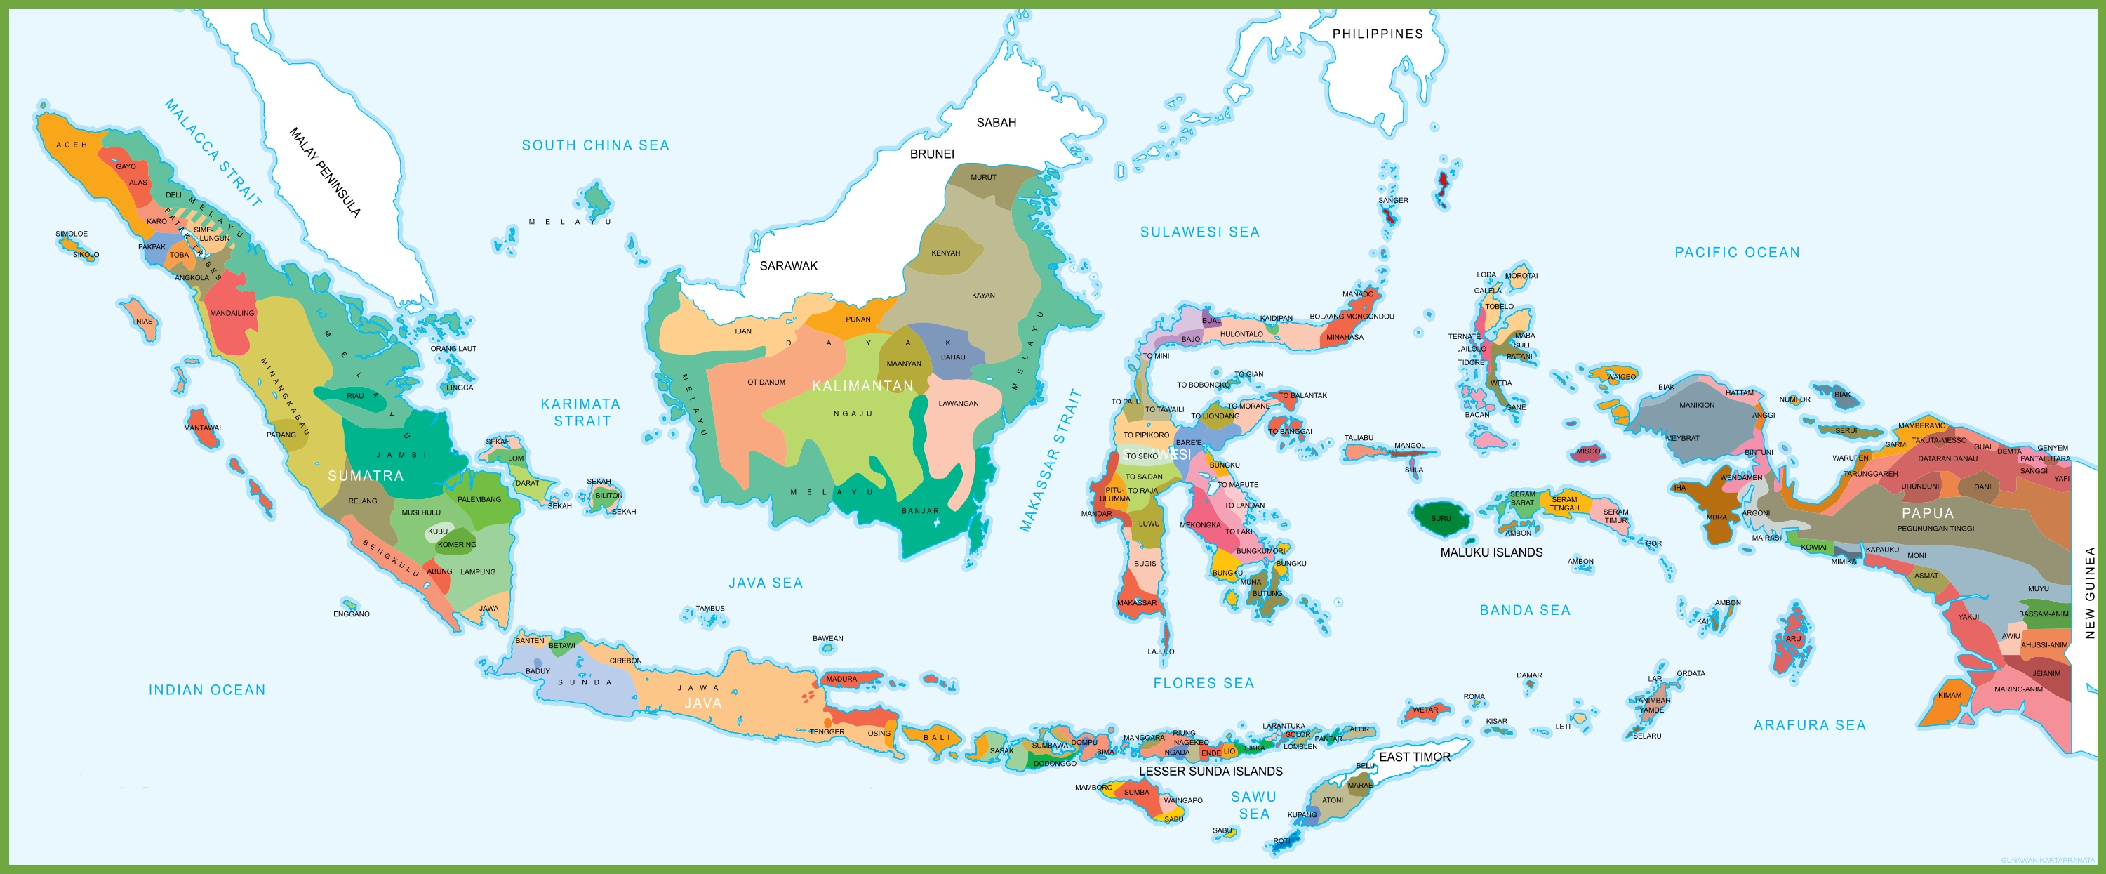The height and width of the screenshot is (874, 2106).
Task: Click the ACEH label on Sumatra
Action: click(x=72, y=145)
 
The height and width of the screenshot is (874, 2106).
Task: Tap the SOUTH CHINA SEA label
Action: click(x=595, y=145)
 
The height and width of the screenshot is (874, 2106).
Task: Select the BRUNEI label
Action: click(x=932, y=154)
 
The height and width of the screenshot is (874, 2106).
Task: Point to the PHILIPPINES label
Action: click(x=1378, y=34)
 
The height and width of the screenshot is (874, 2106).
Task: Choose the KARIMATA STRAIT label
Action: click(x=581, y=412)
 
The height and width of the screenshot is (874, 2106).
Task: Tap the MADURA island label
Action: click(x=841, y=679)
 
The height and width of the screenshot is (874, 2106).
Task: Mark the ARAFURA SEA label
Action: click(x=1809, y=725)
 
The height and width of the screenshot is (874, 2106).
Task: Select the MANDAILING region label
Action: click(x=232, y=313)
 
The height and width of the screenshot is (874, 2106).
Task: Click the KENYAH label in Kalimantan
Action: click(x=945, y=253)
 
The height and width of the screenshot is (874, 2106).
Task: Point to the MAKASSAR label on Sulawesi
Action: click(x=1136, y=602)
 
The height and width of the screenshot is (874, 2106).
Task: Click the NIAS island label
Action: click(x=145, y=322)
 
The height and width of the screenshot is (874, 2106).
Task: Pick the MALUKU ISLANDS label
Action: click(x=1491, y=552)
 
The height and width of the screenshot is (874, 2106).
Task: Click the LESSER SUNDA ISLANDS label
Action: click(x=1210, y=771)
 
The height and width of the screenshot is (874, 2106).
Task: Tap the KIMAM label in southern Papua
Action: click(x=1949, y=695)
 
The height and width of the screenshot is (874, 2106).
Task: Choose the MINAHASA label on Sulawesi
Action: click(x=1344, y=337)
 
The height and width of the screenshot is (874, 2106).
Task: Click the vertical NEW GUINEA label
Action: click(x=2090, y=592)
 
